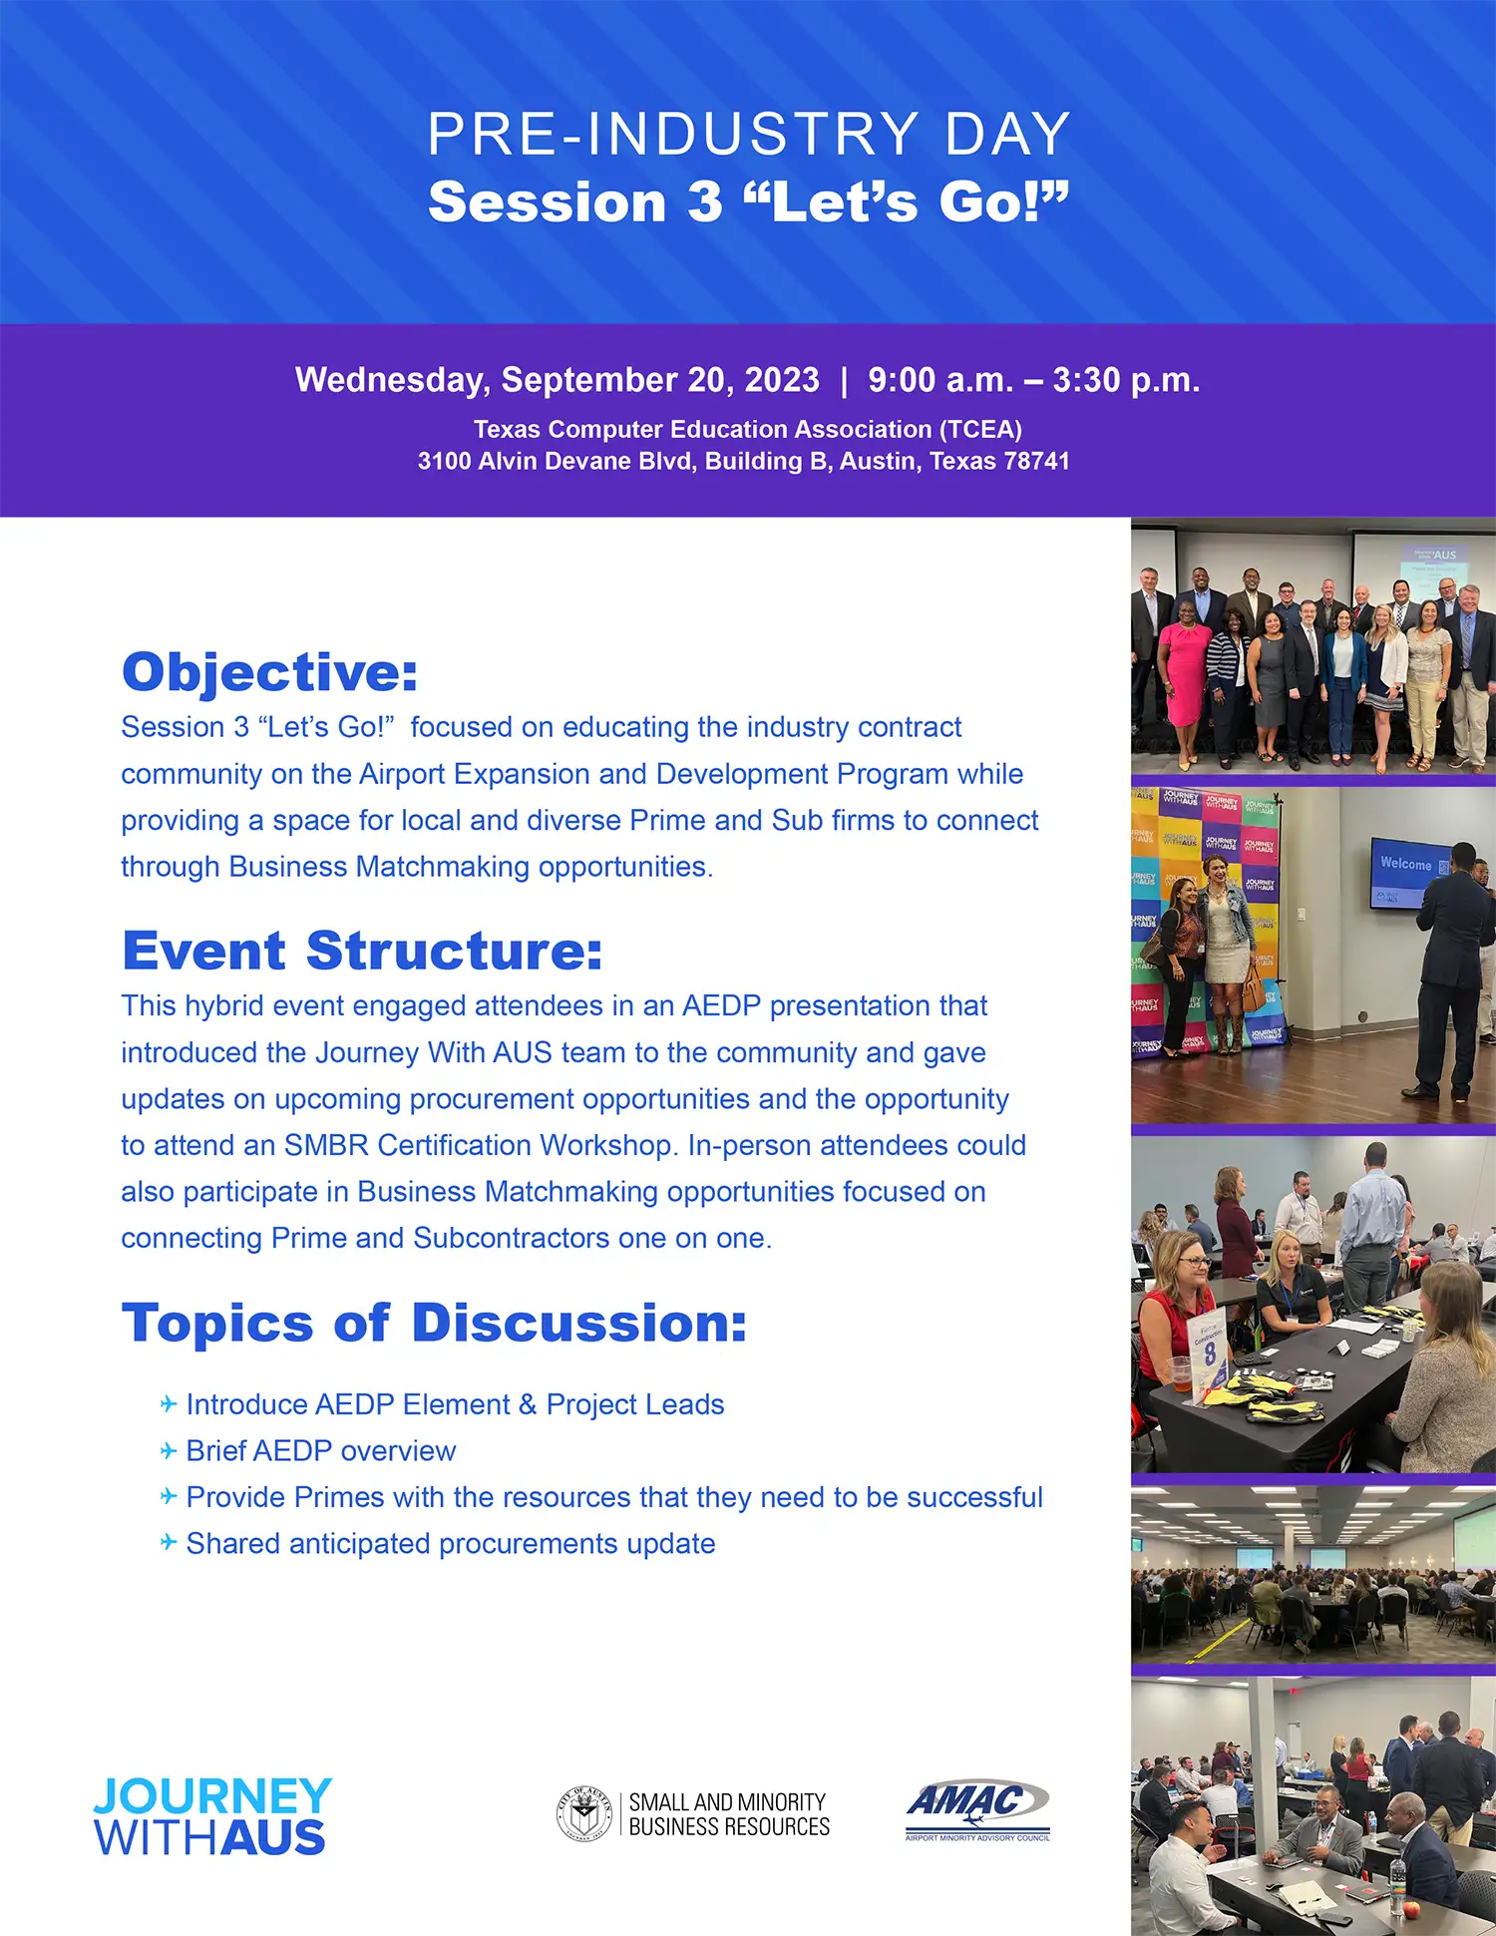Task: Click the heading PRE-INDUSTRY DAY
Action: (x=748, y=134)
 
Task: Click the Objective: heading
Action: (x=269, y=671)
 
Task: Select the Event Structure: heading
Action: (x=362, y=950)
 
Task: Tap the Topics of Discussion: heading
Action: (x=434, y=1323)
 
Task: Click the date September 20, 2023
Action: (x=660, y=380)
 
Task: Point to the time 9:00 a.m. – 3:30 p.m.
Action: (x=1033, y=380)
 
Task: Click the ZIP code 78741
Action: (x=1037, y=461)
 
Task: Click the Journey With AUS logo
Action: (x=212, y=1816)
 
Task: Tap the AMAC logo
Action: (x=977, y=1810)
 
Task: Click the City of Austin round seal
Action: (x=583, y=1813)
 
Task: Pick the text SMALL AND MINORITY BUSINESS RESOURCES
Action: (x=729, y=1814)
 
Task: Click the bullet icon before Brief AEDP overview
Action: (x=169, y=1450)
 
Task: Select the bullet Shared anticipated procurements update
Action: (x=451, y=1543)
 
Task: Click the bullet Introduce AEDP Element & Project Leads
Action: (x=455, y=1404)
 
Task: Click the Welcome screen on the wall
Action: (x=1411, y=872)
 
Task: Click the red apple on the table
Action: (x=1411, y=1907)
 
